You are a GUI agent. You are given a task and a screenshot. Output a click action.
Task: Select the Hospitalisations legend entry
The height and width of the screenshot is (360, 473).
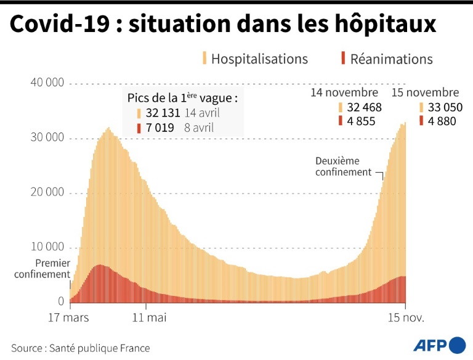pyautogui.click(x=259, y=59)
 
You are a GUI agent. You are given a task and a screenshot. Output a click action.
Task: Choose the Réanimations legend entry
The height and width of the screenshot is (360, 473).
pyautogui.click(x=391, y=59)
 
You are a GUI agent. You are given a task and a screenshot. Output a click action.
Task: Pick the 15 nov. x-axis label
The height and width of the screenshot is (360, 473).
pyautogui.click(x=405, y=318)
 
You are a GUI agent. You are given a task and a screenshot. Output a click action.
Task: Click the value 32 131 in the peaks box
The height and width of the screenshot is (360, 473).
pyautogui.click(x=160, y=113)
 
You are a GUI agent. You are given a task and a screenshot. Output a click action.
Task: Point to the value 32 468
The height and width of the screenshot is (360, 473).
pyautogui.click(x=365, y=107)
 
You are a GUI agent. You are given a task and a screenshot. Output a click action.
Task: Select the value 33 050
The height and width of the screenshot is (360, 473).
pyautogui.click(x=442, y=107)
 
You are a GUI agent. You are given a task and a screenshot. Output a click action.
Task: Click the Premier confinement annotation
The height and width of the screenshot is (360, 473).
pyautogui.click(x=42, y=268)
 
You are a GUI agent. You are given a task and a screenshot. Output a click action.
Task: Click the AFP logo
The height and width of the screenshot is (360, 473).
pyautogui.click(x=438, y=346)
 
